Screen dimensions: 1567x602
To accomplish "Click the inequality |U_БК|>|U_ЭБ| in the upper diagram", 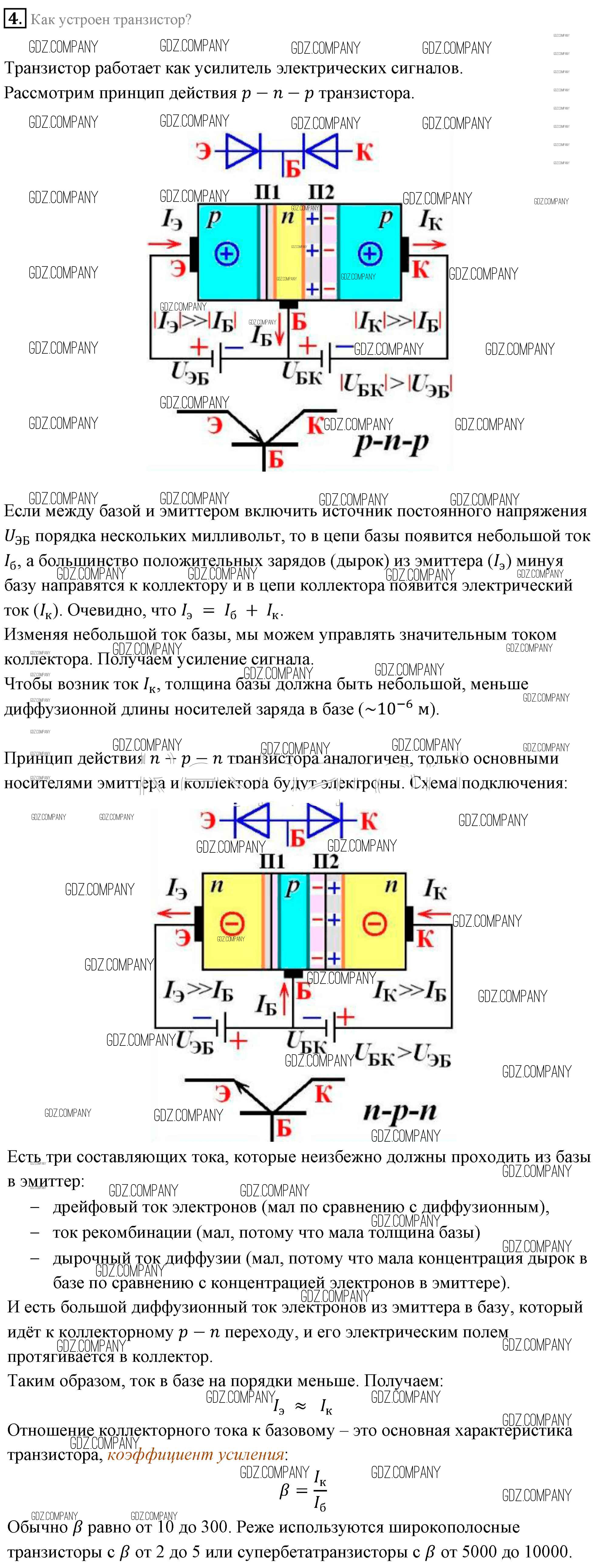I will (395, 384).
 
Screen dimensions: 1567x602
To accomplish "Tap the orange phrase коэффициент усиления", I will (196, 1454).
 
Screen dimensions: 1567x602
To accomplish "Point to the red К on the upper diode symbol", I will (364, 151).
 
